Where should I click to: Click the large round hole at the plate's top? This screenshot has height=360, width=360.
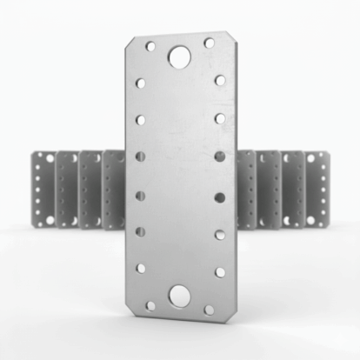tap(180, 57)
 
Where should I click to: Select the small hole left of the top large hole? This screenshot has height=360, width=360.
tap(150, 46)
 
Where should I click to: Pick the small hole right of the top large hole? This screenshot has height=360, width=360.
tap(209, 43)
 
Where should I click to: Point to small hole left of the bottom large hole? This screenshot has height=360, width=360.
tap(150, 306)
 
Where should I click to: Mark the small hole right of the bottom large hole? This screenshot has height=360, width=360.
tap(209, 309)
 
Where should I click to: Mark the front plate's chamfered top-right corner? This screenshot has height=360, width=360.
tap(225, 38)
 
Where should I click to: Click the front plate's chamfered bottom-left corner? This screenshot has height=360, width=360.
tap(134, 311)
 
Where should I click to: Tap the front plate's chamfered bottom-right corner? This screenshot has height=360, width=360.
tap(225, 315)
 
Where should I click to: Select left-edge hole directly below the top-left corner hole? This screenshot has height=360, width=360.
tap(141, 83)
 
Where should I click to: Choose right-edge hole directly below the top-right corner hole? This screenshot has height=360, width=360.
tap(220, 80)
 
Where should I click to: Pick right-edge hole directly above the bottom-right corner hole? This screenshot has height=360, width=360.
tap(220, 271)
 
